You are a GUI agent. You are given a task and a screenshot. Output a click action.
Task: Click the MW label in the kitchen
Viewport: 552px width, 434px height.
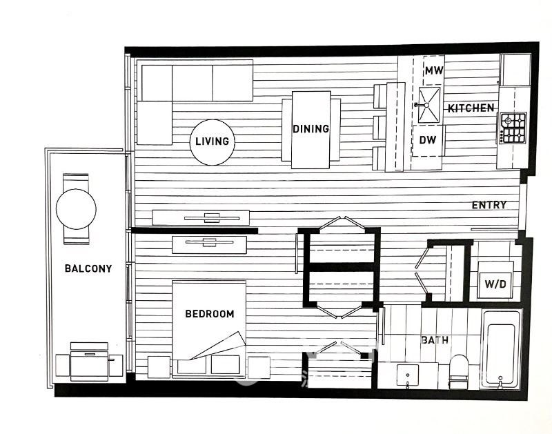434,70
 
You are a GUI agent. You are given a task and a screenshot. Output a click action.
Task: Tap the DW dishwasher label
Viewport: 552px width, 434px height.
428,140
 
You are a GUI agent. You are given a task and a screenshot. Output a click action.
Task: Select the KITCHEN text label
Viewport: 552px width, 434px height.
471,108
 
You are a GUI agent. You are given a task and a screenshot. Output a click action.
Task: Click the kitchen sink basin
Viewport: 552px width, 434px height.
428,106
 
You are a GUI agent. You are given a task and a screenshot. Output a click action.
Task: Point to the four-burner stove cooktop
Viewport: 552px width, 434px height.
513,128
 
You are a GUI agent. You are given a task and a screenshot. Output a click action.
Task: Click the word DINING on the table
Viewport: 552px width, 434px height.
311,128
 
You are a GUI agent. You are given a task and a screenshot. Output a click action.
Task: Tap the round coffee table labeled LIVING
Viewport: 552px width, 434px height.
213,142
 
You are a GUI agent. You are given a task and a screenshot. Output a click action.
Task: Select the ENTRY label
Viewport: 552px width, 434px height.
489,205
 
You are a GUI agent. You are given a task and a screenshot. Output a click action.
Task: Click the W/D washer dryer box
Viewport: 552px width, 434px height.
495,280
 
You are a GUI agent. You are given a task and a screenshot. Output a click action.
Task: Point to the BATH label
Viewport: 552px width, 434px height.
435,340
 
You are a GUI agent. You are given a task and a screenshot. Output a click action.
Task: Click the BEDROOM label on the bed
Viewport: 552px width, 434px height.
210,314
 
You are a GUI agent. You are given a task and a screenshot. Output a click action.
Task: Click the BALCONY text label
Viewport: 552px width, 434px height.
88,268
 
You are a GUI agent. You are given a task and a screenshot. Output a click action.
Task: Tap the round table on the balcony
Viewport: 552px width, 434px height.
76,209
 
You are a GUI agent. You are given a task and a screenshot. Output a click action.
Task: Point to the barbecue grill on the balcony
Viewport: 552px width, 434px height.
89,362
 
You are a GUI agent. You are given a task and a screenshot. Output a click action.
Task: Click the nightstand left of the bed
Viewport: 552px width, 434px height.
159,367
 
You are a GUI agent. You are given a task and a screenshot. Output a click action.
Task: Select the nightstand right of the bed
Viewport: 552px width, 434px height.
259,368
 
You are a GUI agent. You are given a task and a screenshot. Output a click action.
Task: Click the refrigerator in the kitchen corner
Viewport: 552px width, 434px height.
515,70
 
